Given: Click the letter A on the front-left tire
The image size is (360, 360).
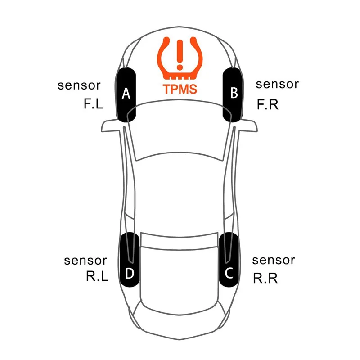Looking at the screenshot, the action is point(126,94).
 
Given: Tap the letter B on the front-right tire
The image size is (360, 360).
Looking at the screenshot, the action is point(234,93).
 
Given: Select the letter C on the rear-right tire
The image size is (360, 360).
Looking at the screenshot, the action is point(229,273).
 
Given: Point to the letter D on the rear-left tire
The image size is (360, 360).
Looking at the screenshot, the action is point(130,274).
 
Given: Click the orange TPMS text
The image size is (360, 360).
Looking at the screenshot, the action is point(180,89).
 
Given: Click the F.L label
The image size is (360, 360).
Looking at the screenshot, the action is point(93,103).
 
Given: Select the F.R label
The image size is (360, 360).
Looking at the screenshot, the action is point(267,105).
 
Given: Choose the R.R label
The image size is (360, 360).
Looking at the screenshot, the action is point(265,278).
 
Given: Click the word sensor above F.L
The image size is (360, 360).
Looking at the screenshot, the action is point(79,85).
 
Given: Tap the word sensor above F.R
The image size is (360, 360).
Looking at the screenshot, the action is point(277,85).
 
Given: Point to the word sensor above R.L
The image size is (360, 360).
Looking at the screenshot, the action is point(85,261).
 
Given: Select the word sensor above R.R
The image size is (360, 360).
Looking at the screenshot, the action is point(274,261).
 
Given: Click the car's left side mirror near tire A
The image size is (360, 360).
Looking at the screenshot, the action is point(111,126).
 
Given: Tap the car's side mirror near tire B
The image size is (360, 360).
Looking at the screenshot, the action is point(248,126).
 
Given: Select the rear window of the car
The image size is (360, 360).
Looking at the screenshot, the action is point(179,240).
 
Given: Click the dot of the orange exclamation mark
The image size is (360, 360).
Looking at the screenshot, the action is point(180,67).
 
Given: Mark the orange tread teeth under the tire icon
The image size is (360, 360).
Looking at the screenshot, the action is point(180,77).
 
